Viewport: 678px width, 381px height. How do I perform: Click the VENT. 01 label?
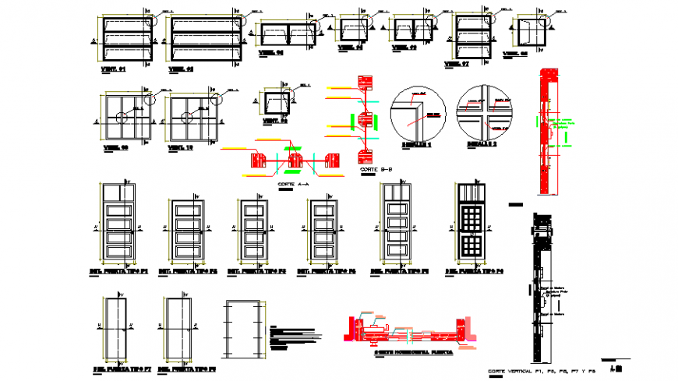[x=114, y=69]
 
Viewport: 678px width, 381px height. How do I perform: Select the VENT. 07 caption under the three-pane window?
[x=456, y=63]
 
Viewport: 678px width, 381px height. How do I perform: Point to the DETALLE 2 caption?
[x=482, y=145]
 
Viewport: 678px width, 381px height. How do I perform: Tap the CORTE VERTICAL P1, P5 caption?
[x=539, y=371]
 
